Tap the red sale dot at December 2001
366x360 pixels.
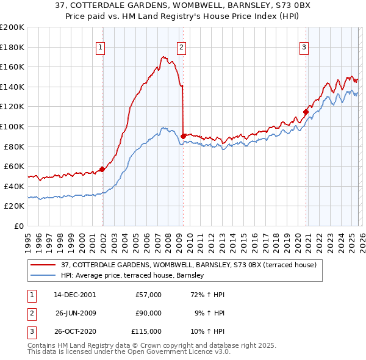102,170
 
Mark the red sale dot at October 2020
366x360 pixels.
306,112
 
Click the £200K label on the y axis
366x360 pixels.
12,27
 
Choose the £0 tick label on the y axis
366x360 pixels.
18,226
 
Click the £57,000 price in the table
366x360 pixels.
148,295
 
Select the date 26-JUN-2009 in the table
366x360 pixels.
76,313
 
